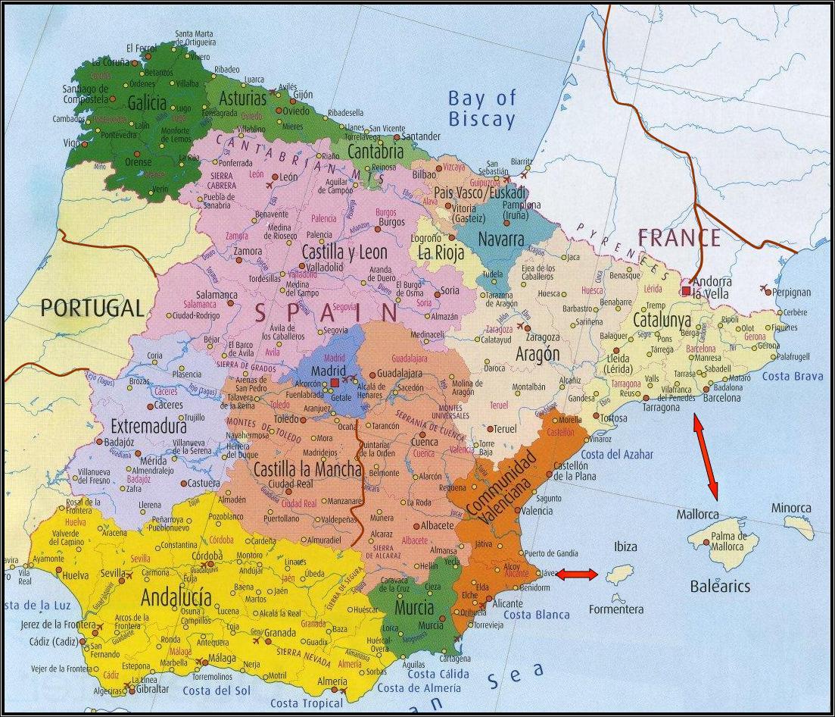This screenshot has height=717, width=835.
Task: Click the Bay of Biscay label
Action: [481, 108]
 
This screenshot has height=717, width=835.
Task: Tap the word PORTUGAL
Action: [92, 307]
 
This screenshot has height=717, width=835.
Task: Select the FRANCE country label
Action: [678, 238]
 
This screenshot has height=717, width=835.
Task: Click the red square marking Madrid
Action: [335, 383]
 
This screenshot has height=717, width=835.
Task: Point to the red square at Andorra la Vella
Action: [686, 290]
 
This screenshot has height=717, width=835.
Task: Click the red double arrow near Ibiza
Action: [577, 575]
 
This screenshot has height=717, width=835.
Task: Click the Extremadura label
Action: [148, 425]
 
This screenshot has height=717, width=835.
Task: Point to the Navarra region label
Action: [501, 240]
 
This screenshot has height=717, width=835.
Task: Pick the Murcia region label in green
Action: [414, 607]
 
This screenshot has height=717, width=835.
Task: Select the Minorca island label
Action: [791, 508]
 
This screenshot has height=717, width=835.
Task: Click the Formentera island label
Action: [616, 609]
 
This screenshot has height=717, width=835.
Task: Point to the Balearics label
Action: [720, 587]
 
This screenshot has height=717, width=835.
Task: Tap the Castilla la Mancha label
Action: [307, 470]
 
